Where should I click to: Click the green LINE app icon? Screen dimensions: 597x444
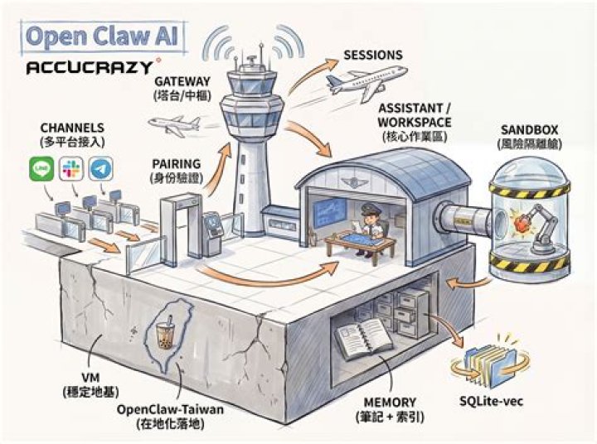click(41, 169)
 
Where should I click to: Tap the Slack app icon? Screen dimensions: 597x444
click(71, 169)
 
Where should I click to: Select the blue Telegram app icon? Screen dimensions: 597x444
click(101, 169)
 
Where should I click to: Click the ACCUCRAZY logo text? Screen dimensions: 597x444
click(90, 68)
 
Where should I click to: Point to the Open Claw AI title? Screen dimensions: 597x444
click(102, 36)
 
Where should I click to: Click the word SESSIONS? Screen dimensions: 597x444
click(373, 55)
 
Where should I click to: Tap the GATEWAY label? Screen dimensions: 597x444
click(182, 81)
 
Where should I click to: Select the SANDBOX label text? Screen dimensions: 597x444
click(529, 130)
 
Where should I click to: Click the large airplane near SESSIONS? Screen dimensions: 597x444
click(366, 82)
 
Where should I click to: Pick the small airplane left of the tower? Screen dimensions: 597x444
click(174, 125)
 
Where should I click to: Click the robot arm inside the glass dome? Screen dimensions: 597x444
click(541, 229)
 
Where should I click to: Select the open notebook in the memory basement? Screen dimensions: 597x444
click(364, 339)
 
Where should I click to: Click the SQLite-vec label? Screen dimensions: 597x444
click(491, 401)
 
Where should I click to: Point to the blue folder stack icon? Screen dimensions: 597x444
click(490, 362)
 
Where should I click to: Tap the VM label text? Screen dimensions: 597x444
click(90, 378)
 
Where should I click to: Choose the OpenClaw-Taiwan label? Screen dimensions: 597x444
click(170, 410)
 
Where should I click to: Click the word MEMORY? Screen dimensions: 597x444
click(390, 402)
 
